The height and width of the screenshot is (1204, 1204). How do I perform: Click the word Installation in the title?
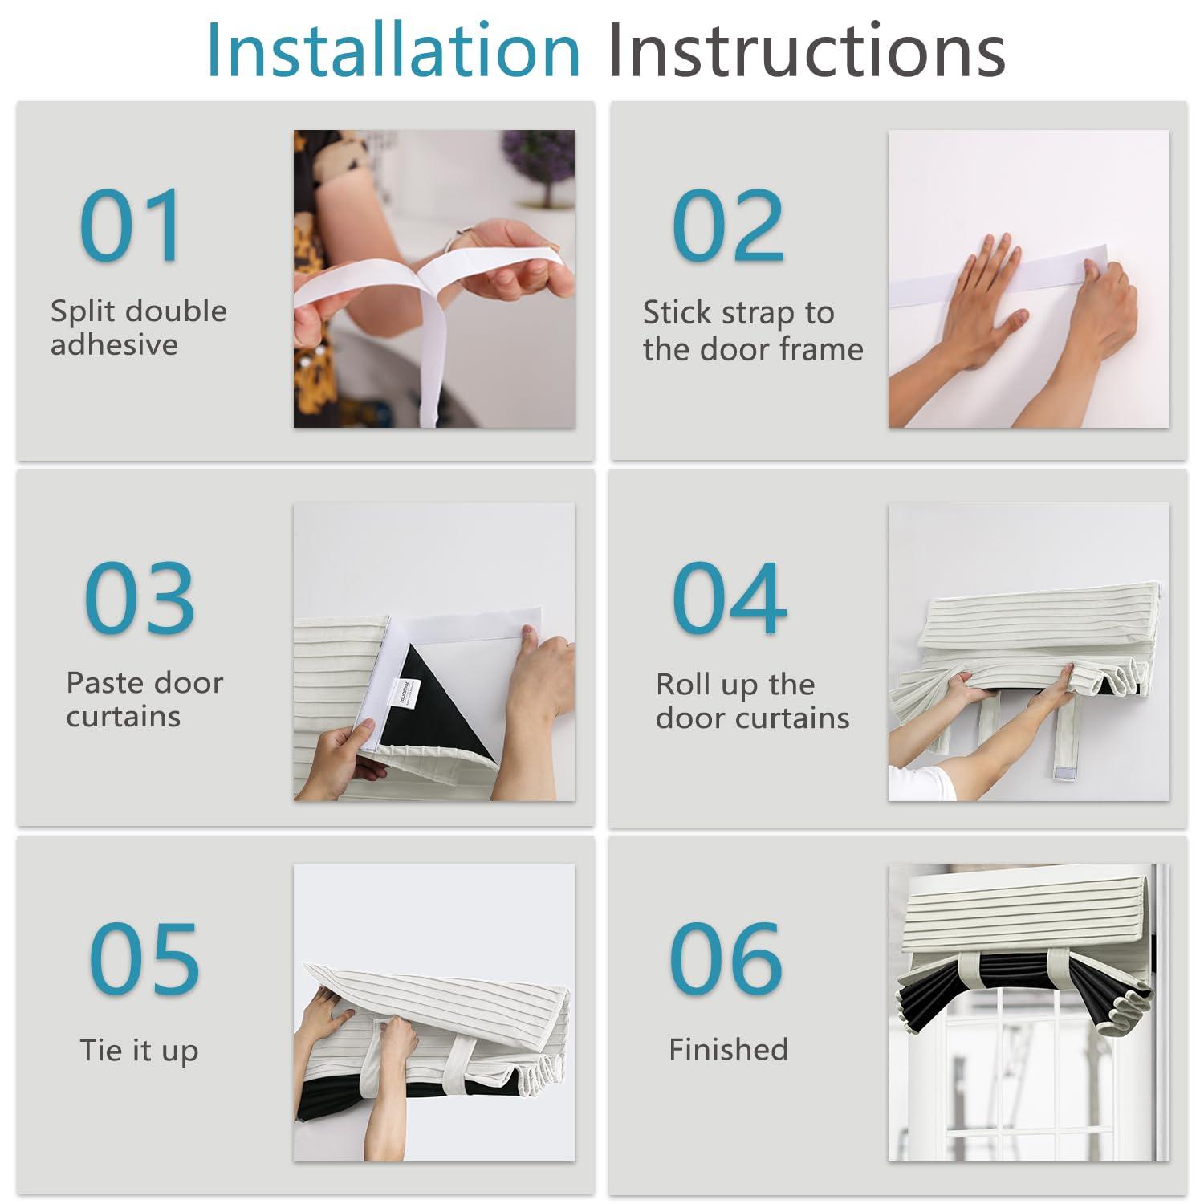click(x=393, y=50)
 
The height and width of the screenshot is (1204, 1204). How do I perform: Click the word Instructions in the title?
click(x=807, y=50)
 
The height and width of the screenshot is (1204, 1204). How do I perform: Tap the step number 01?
click(x=131, y=226)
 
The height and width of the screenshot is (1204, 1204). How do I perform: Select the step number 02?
click(x=727, y=226)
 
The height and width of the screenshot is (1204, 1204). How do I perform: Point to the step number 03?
click(x=140, y=598)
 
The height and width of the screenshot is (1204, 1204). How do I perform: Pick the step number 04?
click(x=729, y=598)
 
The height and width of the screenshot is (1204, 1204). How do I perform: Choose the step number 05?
click(x=144, y=958)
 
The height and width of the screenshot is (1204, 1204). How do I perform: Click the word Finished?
click(x=729, y=1049)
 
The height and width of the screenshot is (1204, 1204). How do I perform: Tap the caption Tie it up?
click(x=139, y=1051)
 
